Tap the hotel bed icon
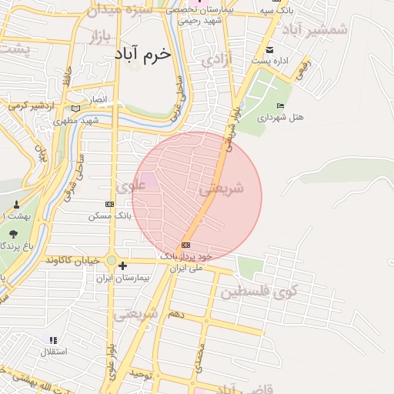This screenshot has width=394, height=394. point(279,106)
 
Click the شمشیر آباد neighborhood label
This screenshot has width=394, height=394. point(316,29)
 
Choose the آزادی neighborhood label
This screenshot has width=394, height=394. point(215,58)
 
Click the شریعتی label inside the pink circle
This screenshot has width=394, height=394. point(222,188)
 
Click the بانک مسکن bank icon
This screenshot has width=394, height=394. point(109,204)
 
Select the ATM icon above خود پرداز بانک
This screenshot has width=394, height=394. point(186,245)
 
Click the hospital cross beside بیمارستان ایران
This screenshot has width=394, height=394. point(122,265)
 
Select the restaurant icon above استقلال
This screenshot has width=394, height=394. point(53,339)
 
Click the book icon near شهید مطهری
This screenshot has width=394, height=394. point(75,109)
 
